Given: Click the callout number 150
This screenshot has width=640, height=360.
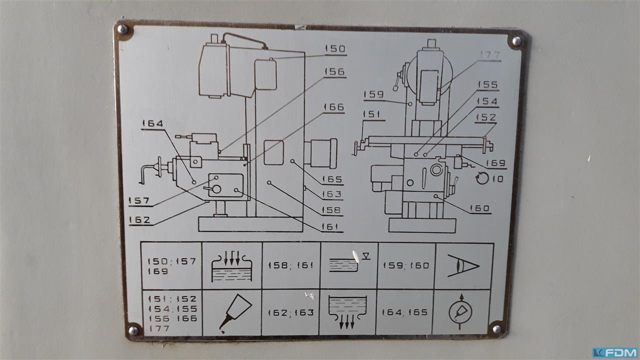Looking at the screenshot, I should point(335,49).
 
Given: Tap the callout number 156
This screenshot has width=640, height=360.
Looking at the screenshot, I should point(334,72).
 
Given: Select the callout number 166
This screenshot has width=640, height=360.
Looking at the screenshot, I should point(333,107).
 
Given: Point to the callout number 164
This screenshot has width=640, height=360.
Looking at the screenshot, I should point(152,123).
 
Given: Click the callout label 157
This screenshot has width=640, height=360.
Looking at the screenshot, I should point(139,201).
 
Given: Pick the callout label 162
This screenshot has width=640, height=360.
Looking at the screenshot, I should point(140,220).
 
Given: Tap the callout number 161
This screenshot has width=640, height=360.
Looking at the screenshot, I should point(332,227).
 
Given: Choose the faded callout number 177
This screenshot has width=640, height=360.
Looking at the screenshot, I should point(490,55).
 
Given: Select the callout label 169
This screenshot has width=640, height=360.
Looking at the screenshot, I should point(496,163).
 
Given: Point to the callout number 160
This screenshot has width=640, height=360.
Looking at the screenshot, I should point(480,208).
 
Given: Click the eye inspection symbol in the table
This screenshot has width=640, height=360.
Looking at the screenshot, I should point(463,265).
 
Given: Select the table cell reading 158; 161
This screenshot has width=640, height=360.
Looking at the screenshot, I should point(291,265).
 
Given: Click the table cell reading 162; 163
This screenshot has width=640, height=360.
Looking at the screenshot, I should point(291,313).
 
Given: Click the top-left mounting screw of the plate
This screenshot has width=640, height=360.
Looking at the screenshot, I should point(123,30).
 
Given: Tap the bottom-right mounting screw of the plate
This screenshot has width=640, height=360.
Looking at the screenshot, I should point(496,328).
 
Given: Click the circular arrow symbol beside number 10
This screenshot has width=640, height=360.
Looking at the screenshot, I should point(482,178).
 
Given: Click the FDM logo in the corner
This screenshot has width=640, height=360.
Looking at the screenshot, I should point(615,352).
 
